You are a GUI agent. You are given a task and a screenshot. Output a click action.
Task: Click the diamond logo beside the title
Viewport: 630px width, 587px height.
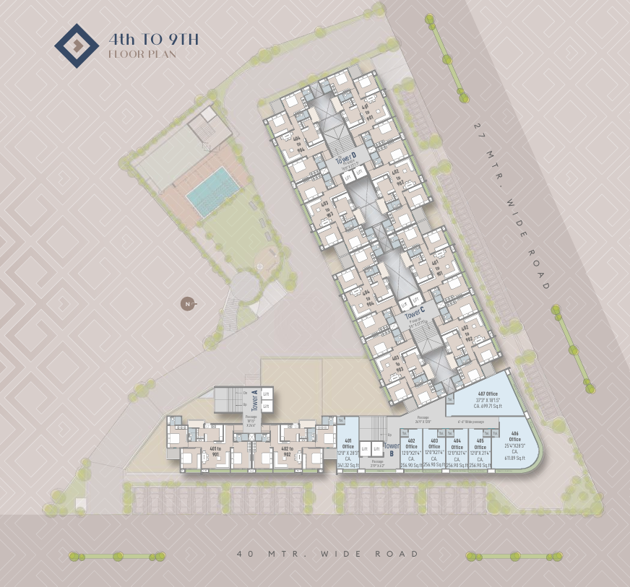[x=77, y=45]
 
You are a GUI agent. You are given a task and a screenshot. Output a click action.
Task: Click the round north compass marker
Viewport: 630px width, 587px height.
[x=187, y=304]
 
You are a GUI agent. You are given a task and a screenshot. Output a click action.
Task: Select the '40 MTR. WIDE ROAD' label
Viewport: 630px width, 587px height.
[x=328, y=554]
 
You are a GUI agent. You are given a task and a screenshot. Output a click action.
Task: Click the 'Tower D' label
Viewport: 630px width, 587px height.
[x=347, y=157]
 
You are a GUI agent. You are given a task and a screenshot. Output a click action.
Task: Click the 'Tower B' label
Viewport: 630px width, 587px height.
[x=391, y=450]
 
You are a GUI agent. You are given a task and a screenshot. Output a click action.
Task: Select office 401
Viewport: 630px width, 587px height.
[x=348, y=452]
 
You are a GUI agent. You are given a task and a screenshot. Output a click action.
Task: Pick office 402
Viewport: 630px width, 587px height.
[x=411, y=452]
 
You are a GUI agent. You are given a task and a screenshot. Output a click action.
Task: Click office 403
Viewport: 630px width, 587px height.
[x=433, y=452]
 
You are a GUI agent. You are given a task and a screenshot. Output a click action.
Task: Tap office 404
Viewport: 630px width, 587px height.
[x=457, y=452]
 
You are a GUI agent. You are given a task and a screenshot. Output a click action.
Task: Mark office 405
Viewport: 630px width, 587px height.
[x=480, y=452]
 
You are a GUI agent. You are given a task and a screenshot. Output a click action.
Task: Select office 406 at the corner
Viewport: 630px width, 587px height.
[x=514, y=448]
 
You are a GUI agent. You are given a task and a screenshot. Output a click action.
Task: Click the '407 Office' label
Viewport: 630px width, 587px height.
[x=488, y=393]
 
